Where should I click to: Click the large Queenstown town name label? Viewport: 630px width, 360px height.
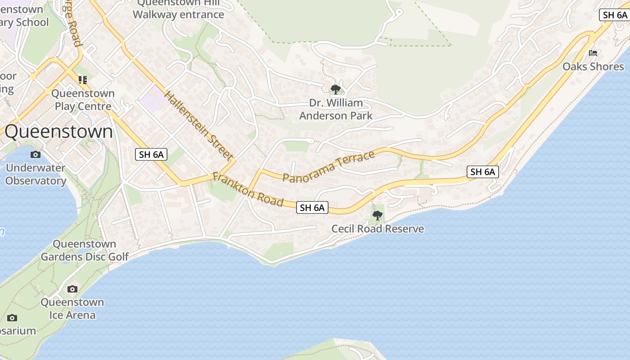pyautogui.click(x=58, y=131)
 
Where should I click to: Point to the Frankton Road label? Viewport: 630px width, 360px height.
pyautogui.click(x=248, y=189)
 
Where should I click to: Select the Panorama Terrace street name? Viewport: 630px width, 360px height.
pyautogui.click(x=328, y=167)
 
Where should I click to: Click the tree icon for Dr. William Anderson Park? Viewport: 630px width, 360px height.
pyautogui.click(x=335, y=90)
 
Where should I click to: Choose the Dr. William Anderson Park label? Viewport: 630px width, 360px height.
pyautogui.click(x=336, y=109)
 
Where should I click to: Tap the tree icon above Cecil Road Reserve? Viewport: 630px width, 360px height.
pyautogui.click(x=378, y=216)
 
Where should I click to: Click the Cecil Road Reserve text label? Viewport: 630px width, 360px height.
pyautogui.click(x=378, y=229)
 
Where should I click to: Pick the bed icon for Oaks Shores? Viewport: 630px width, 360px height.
pyautogui.click(x=593, y=53)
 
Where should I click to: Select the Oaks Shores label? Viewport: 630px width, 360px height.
pyautogui.click(x=593, y=67)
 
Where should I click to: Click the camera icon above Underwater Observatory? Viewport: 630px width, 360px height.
pyautogui.click(x=35, y=155)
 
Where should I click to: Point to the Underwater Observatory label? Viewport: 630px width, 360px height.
pyautogui.click(x=36, y=174)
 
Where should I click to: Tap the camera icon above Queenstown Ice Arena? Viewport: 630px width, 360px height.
pyautogui.click(x=72, y=289)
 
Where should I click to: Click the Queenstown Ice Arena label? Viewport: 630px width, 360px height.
pyautogui.click(x=72, y=308)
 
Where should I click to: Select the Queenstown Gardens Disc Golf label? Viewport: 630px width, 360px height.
pyautogui.click(x=85, y=250)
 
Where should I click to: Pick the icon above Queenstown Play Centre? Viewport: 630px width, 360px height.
pyautogui.click(x=83, y=80)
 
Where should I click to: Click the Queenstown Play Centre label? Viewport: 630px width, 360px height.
pyautogui.click(x=83, y=100)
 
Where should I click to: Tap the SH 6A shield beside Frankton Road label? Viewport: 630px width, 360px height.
pyautogui.click(x=312, y=207)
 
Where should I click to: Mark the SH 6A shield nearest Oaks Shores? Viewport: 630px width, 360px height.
pyautogui.click(x=615, y=15)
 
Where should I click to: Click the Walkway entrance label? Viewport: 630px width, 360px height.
pyautogui.click(x=178, y=14)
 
